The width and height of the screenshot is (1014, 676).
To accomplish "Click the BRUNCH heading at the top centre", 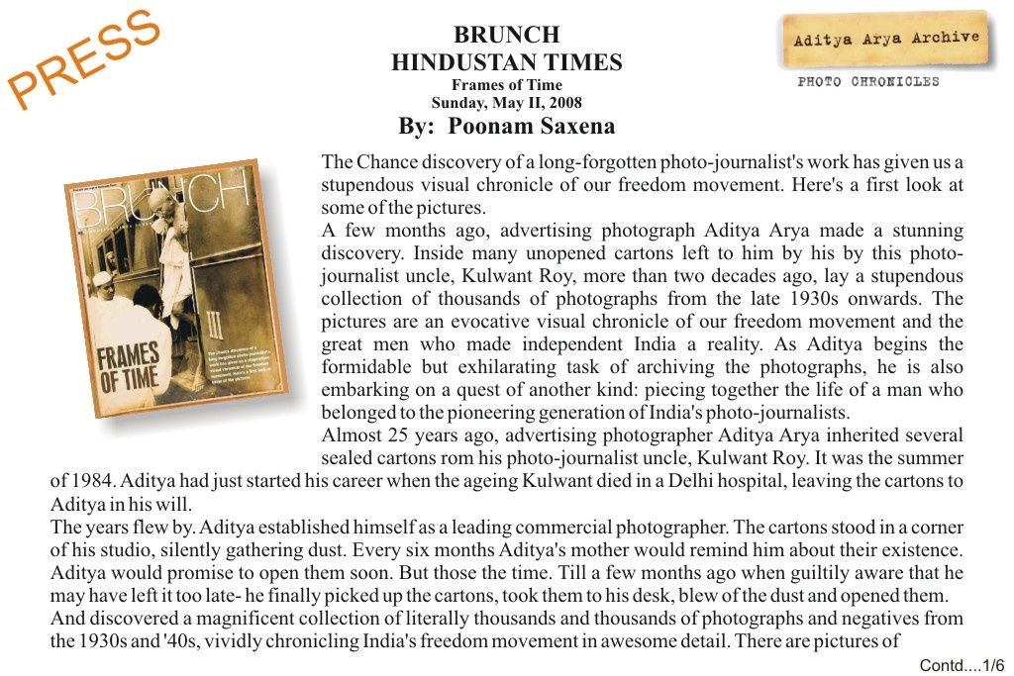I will click(x=506, y=36).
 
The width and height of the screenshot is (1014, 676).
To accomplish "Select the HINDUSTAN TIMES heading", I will click(x=506, y=63).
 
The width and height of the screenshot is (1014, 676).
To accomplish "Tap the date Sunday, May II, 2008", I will click(x=506, y=102).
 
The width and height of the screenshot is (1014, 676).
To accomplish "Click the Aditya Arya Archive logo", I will click(x=886, y=40).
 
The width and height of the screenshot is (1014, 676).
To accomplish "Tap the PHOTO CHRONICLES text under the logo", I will click(x=868, y=82).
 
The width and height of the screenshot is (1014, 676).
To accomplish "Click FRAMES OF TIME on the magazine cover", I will click(x=128, y=368).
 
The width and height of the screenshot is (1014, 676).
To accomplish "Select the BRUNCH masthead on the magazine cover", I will click(x=158, y=208).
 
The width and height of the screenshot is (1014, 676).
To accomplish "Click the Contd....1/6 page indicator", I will click(x=962, y=665).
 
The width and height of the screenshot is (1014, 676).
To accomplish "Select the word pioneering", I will click(x=505, y=413).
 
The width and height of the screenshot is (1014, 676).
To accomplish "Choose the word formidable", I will click(x=365, y=367).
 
